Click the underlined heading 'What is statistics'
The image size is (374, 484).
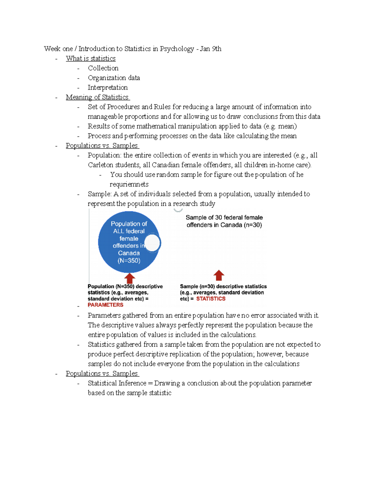coord(91,59)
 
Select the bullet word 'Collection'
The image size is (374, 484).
coord(103,68)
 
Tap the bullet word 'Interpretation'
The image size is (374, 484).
coord(108,88)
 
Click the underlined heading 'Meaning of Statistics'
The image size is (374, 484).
coord(97,97)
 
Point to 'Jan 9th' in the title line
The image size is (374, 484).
coord(211,49)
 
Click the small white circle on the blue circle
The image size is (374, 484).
coord(152,243)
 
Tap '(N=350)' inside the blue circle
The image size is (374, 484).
coord(129,261)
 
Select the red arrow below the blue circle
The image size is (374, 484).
coord(130,278)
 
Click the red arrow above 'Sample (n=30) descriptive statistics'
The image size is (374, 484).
coord(219,275)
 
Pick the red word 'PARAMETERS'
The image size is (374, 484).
coord(106,305)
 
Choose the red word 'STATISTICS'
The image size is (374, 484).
coord(211,299)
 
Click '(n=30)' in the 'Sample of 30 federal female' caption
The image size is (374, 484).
coord(253,225)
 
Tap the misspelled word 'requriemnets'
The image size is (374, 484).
coord(129,184)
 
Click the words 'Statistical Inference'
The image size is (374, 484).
coord(117,383)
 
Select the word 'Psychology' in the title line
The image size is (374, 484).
coord(177,49)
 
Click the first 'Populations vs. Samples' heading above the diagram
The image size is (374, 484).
coord(102,146)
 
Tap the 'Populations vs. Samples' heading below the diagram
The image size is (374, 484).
coord(102,374)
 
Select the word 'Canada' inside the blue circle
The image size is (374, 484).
coord(129,253)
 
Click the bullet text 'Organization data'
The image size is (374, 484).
coord(114,78)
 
